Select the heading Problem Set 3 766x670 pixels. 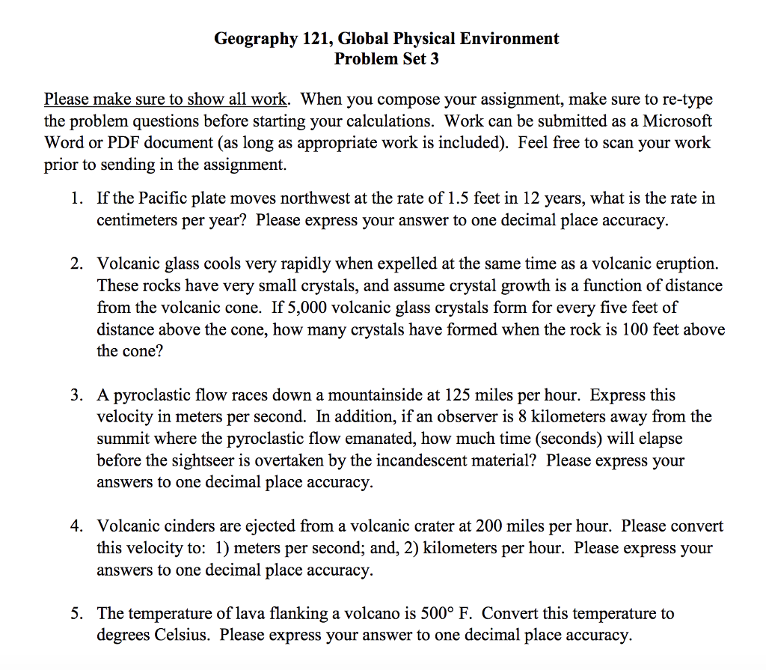coord(386,58)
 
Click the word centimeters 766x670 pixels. coord(138,221)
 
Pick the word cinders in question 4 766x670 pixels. coord(184,526)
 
